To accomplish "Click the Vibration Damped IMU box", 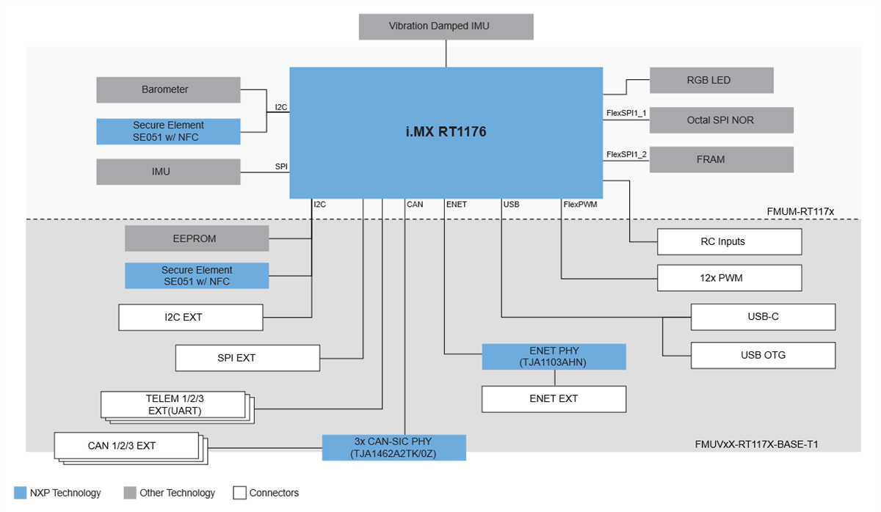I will point(446,26).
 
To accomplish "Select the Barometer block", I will point(168,89).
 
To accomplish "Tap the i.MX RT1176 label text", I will point(446,133).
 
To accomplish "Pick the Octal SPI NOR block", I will point(721,120).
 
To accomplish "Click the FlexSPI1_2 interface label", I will point(626,155).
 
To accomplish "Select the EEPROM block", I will point(197,238).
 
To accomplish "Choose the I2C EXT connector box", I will point(191,318).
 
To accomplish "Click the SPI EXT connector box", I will point(247,358).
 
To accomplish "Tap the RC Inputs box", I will point(729,241).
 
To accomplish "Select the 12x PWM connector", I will point(729,278).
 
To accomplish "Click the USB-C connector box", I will point(763,317).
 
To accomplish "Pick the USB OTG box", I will point(763,355).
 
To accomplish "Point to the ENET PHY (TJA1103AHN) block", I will point(554,356).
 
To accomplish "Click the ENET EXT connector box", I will point(554,399).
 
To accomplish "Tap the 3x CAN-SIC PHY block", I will point(394,447).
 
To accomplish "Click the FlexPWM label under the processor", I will point(580,205).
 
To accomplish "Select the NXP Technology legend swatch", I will point(20,493).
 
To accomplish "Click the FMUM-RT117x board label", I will point(800,211).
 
